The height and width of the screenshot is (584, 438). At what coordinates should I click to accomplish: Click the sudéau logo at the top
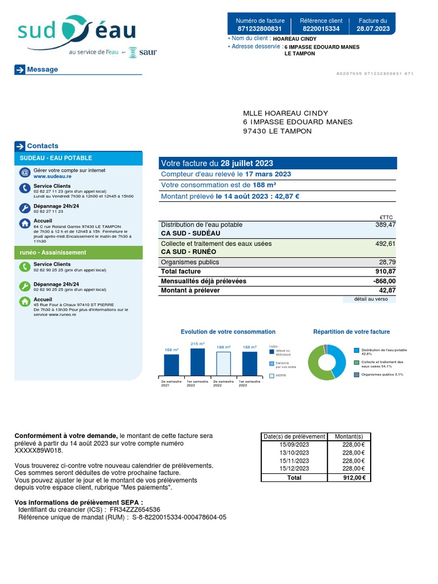[76, 33]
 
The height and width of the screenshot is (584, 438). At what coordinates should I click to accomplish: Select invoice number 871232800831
[259, 29]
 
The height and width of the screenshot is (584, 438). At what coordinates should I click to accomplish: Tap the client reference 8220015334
[321, 29]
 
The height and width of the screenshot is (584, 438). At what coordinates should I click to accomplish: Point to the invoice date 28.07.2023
[373, 29]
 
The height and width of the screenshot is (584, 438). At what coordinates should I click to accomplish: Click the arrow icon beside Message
[20, 70]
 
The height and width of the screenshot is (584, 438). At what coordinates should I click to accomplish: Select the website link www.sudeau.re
[48, 177]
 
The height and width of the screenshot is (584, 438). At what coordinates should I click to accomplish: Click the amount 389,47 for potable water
[384, 225]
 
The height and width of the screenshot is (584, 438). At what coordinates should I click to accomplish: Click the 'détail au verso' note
[371, 299]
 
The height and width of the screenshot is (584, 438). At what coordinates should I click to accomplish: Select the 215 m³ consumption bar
[197, 362]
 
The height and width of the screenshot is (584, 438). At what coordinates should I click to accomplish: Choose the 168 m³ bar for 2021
[171, 364]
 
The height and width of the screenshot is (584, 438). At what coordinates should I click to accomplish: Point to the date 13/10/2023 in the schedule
[294, 453]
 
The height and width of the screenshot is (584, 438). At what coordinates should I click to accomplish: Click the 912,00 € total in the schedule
[354, 478]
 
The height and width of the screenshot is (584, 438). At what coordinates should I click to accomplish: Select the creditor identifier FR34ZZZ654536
[135, 509]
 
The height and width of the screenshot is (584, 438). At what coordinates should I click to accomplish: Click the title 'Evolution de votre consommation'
[228, 332]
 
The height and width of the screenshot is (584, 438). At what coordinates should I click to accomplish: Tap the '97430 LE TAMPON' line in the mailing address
[277, 131]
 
